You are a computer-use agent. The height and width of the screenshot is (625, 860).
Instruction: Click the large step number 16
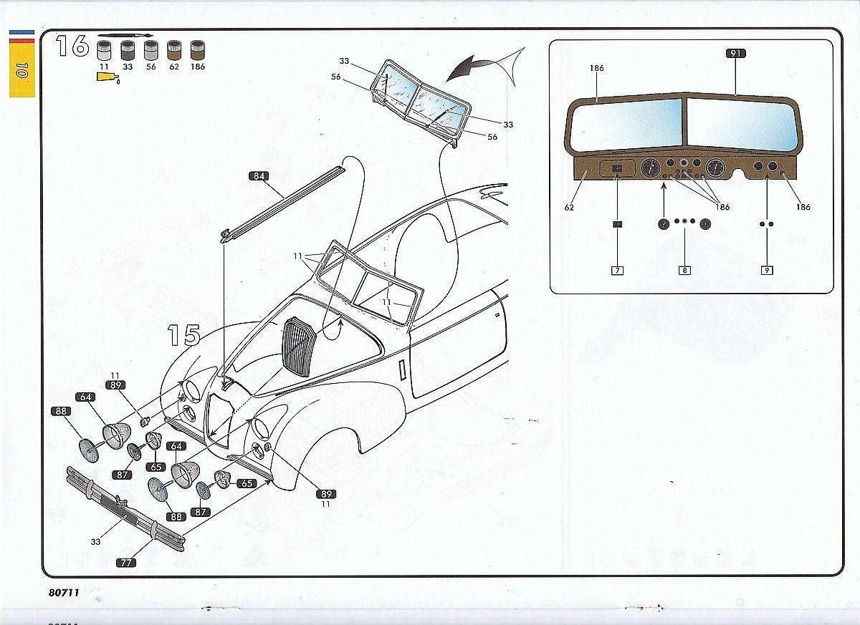[72, 46]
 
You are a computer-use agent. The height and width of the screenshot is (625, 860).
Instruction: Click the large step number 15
[183, 335]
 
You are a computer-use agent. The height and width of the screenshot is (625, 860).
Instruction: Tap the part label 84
[259, 176]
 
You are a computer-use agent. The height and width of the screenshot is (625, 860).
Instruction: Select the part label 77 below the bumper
[126, 563]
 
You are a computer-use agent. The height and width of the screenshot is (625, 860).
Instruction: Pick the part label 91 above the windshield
[735, 54]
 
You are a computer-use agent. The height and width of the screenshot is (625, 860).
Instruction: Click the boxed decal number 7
[617, 271]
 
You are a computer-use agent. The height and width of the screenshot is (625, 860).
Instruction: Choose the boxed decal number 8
[684, 271]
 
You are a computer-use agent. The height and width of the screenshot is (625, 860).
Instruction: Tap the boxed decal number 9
[767, 271]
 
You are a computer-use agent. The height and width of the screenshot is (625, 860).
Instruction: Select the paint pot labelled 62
[174, 50]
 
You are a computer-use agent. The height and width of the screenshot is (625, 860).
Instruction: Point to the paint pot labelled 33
[128, 50]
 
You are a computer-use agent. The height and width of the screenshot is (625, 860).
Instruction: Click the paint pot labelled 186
[198, 50]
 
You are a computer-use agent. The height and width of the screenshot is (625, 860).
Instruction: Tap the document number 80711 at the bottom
[64, 592]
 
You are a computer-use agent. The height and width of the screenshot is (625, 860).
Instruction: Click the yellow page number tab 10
[22, 69]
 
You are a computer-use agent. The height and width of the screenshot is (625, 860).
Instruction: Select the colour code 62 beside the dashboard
[569, 208]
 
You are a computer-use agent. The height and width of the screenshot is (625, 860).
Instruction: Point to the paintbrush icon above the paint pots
[125, 35]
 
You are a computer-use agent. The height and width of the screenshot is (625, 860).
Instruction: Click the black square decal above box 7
[617, 224]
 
